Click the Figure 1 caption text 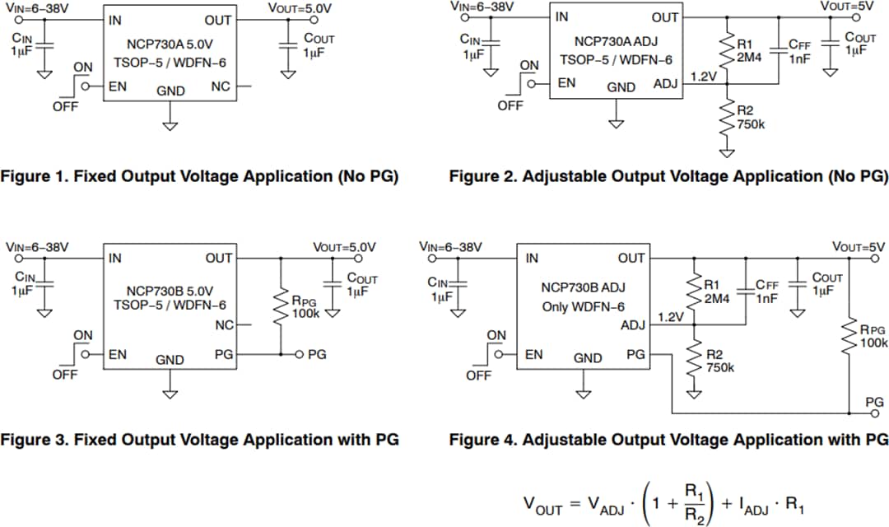[200, 175]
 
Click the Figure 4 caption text [668, 439]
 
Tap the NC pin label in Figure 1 [221, 86]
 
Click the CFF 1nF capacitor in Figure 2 [778, 51]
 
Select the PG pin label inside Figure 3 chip [222, 354]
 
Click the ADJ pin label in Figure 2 [665, 83]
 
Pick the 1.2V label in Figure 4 [670, 317]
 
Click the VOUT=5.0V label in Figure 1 [300, 7]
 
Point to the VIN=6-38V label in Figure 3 [38, 246]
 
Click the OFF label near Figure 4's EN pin [478, 375]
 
